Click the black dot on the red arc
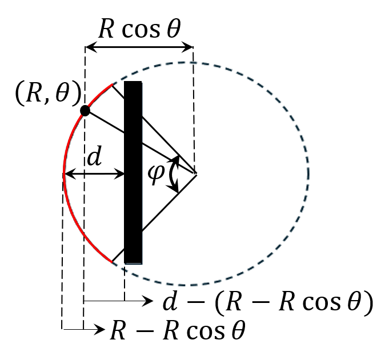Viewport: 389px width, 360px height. click(x=85, y=111)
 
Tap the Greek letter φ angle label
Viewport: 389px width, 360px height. click(x=155, y=173)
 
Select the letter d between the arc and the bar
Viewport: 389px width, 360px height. click(x=94, y=156)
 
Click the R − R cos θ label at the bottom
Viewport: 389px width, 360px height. click(x=177, y=330)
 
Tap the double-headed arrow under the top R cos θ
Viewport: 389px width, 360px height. click(x=139, y=48)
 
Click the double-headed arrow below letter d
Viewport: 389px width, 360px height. click(x=94, y=173)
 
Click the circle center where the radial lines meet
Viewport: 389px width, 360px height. click(x=196, y=173)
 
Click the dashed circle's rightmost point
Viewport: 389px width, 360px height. click(x=308, y=173)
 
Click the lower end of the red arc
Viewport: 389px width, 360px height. click(x=112, y=262)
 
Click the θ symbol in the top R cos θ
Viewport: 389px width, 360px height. click(x=173, y=29)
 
